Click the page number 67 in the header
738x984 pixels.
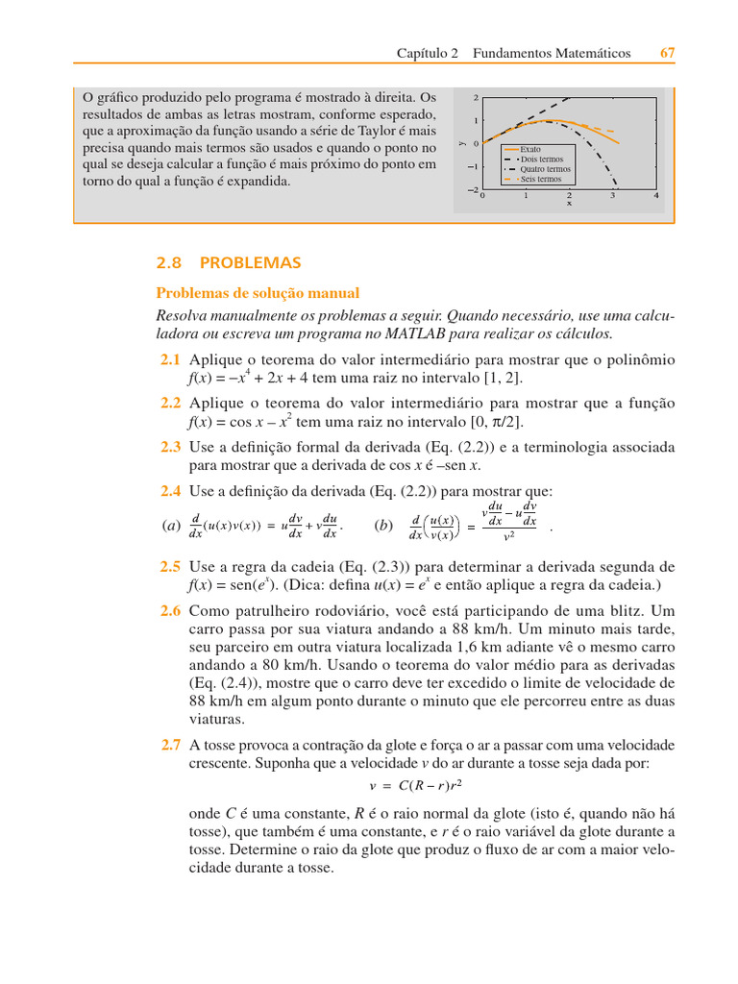[x=667, y=54]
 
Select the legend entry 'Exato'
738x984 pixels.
[x=530, y=150]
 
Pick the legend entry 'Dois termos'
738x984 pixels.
[x=542, y=160]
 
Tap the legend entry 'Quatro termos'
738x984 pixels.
[x=545, y=169]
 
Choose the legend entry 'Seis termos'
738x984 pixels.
[x=541, y=179]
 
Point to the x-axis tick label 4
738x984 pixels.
[x=656, y=196]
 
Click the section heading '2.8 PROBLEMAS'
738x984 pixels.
[x=229, y=262]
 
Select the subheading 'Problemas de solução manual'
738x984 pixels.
[x=258, y=293]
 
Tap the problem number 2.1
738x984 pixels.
[x=170, y=359]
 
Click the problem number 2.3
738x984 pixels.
[x=170, y=447]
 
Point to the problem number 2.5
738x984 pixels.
[x=170, y=567]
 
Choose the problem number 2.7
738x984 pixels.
[x=170, y=745]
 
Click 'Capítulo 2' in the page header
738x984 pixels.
[x=428, y=54]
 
